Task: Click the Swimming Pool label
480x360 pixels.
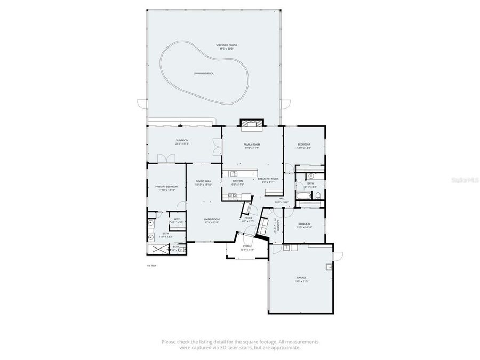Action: [x=204, y=73]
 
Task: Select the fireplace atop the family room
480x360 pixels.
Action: [x=252, y=125]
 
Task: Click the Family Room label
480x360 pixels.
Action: [x=252, y=145]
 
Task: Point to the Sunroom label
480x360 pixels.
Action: [x=182, y=141]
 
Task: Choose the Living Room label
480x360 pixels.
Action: [x=212, y=220]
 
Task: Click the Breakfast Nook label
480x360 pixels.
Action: [x=268, y=180]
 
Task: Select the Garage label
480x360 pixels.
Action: [x=302, y=278]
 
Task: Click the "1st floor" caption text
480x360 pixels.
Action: [x=152, y=265]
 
